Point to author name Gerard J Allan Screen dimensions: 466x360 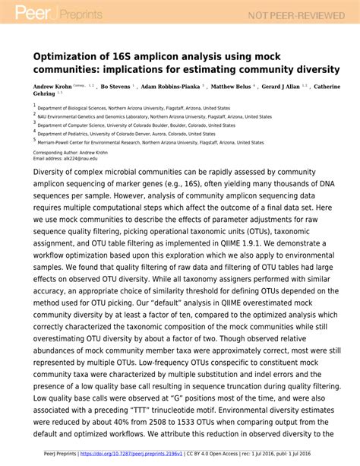click(x=286, y=87)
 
